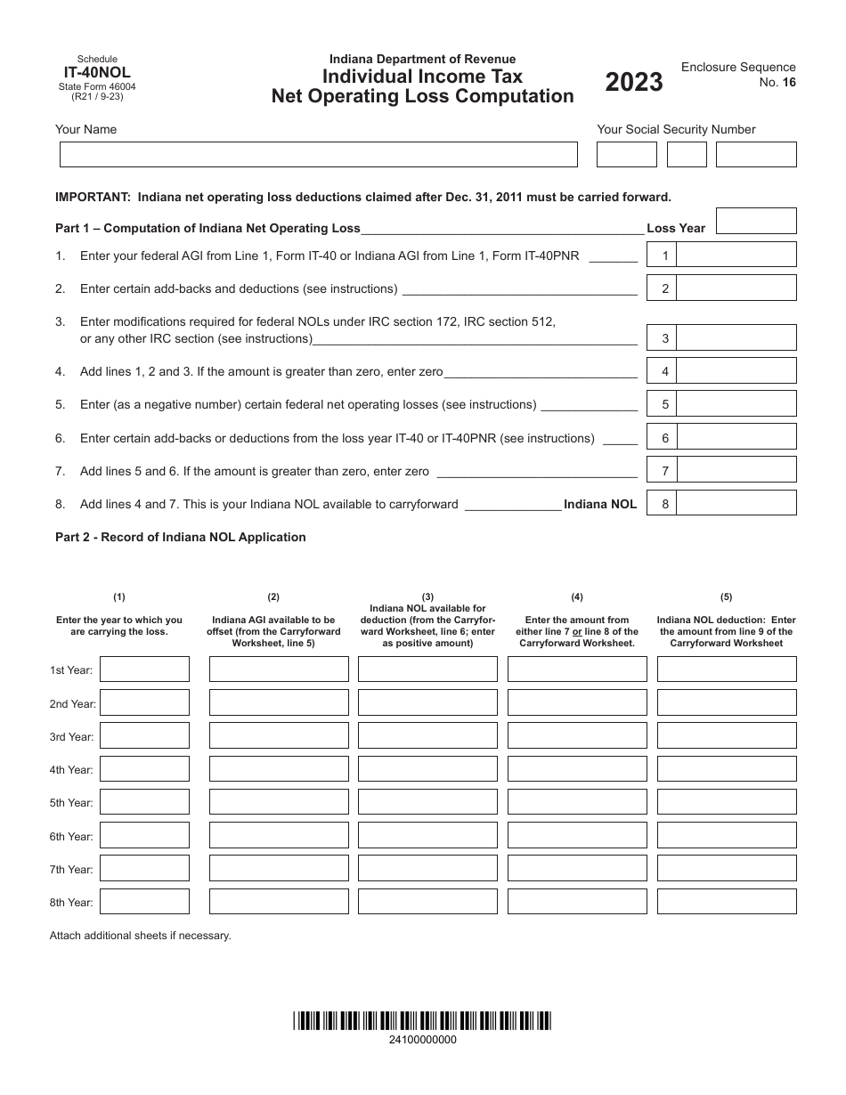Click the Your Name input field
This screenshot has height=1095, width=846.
pos(318,155)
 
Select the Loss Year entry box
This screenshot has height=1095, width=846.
pos(755,222)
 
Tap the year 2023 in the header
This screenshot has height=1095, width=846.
pos(634,82)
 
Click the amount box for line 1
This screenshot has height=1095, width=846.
pos(736,255)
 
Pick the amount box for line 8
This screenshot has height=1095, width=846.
pos(736,504)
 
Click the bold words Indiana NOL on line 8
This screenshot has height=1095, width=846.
pos(600,504)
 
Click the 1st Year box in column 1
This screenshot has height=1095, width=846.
pos(144,669)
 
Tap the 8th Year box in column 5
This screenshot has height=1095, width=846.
pos(727,902)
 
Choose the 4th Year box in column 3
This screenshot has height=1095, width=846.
pos(427,769)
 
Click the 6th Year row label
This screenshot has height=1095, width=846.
pos(71,836)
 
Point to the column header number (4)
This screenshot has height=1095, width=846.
pos(577,597)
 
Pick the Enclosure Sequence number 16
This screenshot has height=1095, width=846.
pos(789,82)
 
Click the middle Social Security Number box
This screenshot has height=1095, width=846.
pos(687,155)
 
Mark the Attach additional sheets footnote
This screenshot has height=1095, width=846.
pos(140,936)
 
